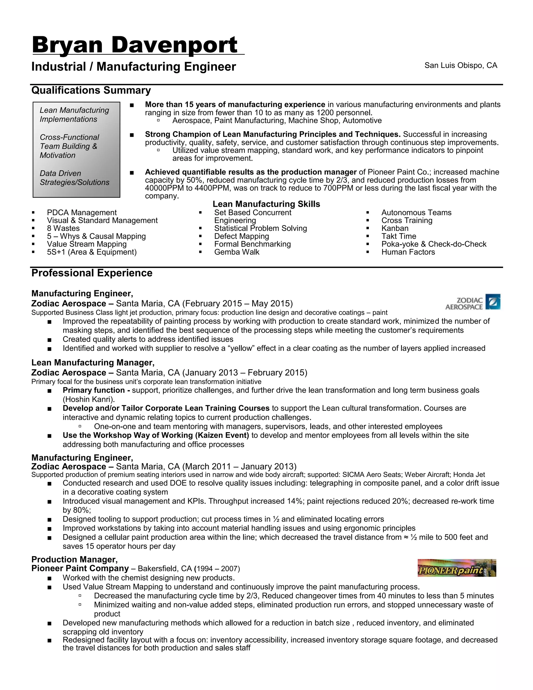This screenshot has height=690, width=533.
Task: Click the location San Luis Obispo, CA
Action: (x=460, y=65)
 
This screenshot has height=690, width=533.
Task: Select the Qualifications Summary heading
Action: (x=91, y=90)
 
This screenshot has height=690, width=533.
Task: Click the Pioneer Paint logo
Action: (x=456, y=568)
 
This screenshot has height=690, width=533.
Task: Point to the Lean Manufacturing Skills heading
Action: (x=266, y=204)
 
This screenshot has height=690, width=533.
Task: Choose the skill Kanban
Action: (x=395, y=228)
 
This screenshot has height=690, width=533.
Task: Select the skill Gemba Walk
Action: (x=237, y=252)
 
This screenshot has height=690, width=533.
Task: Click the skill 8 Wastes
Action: (x=63, y=228)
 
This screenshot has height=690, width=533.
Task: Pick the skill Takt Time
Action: (x=398, y=236)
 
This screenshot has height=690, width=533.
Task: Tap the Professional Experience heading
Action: (x=92, y=273)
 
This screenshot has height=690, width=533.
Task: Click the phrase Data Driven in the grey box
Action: (x=60, y=173)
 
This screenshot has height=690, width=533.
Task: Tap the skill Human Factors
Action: (x=408, y=252)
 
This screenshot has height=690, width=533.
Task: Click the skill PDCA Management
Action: (x=81, y=213)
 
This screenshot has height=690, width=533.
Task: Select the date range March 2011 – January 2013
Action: (x=240, y=467)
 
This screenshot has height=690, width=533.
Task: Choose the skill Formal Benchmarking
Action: (x=252, y=244)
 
